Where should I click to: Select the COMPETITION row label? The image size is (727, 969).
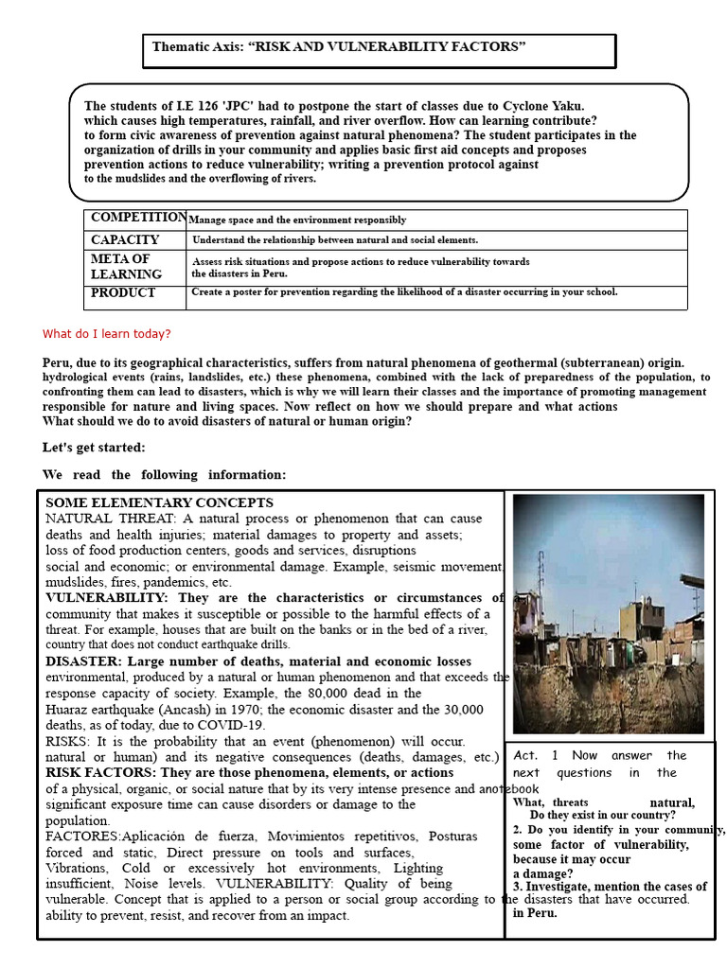pyautogui.click(x=138, y=218)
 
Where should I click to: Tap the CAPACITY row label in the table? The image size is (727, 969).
pyautogui.click(x=125, y=240)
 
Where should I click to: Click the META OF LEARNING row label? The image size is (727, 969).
pyautogui.click(x=126, y=267)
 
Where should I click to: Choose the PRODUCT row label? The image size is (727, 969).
pyautogui.click(x=123, y=293)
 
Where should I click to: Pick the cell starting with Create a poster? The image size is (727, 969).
pyautogui.click(x=404, y=292)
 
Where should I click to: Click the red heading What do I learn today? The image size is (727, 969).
pyautogui.click(x=107, y=334)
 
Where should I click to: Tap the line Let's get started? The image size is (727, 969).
pyautogui.click(x=94, y=448)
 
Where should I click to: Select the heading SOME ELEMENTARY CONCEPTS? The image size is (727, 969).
pyautogui.click(x=159, y=502)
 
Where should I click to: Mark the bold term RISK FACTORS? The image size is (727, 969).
pyautogui.click(x=102, y=772)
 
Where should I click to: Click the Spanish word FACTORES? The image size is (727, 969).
pyautogui.click(x=83, y=837)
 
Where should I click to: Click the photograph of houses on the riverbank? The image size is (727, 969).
pyautogui.click(x=608, y=613)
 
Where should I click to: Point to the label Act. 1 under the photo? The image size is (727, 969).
pyautogui.click(x=536, y=755)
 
